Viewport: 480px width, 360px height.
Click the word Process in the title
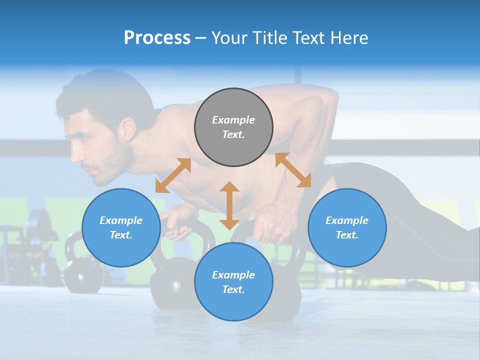point(157,38)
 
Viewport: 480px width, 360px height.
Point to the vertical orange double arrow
point(229,205)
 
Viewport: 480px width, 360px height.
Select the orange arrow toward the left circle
point(173,175)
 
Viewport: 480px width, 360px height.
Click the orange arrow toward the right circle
point(293,170)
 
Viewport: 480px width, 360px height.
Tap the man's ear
point(128,129)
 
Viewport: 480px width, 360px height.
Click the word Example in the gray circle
point(233,120)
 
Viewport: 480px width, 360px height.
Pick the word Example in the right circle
point(347,220)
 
